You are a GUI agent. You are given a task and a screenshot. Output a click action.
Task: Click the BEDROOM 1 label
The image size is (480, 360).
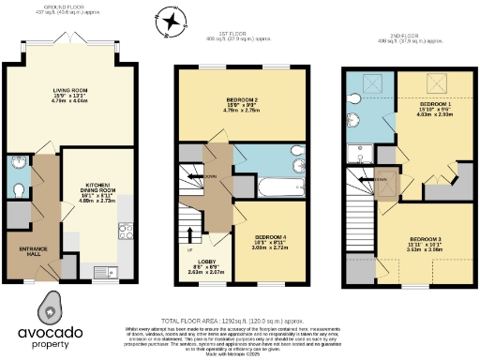[434, 104]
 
